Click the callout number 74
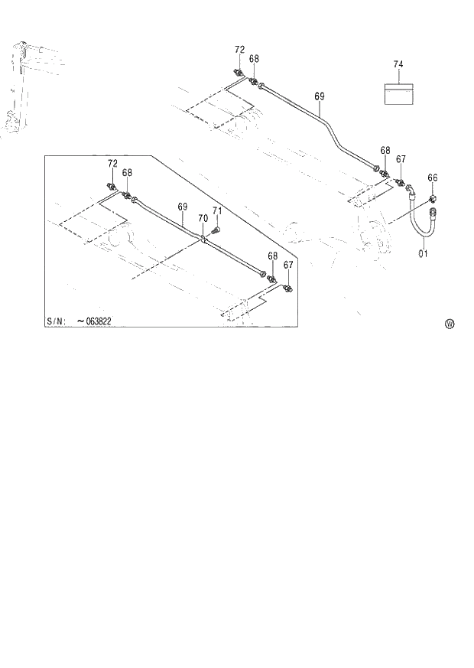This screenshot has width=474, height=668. (398, 64)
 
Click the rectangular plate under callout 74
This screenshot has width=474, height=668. (398, 93)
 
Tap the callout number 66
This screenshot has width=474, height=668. (433, 178)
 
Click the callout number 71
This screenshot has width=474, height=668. (216, 211)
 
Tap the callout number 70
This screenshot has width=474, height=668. (203, 218)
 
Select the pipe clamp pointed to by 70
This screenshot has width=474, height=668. (203, 240)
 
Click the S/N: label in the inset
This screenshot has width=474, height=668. (56, 321)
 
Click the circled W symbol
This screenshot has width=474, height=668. (450, 324)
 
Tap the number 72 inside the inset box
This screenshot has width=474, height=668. (112, 164)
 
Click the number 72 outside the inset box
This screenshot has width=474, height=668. (239, 50)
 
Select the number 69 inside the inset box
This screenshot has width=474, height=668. (183, 207)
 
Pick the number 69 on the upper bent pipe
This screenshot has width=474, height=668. (320, 96)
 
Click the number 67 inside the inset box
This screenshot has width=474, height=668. (288, 265)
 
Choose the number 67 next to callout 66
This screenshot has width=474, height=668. (401, 159)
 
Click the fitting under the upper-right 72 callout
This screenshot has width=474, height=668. (240, 73)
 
